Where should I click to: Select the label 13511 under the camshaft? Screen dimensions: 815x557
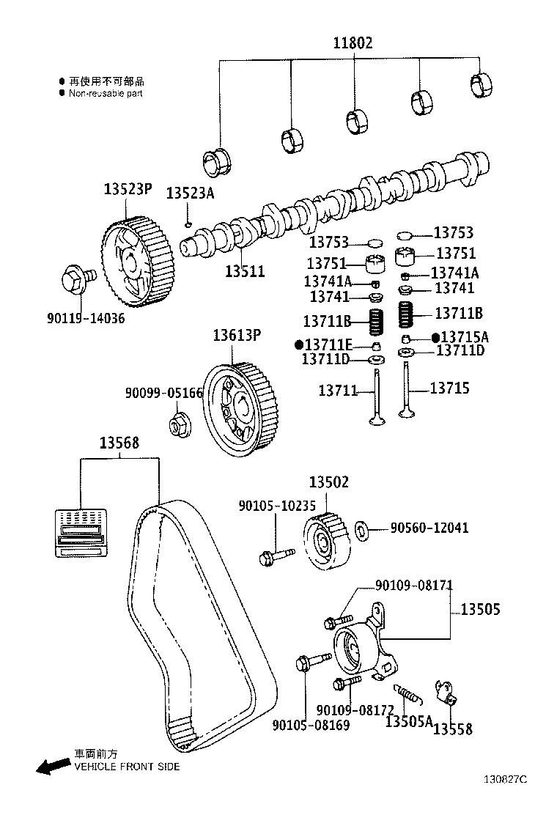click(244, 271)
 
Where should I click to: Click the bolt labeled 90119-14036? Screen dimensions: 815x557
click(76, 280)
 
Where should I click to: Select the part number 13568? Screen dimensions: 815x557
click(119, 443)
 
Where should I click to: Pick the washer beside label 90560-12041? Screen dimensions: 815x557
click(362, 528)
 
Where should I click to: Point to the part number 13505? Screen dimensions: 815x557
click(480, 609)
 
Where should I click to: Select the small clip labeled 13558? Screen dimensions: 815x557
click(445, 691)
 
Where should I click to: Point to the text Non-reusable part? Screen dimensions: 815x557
click(106, 94)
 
